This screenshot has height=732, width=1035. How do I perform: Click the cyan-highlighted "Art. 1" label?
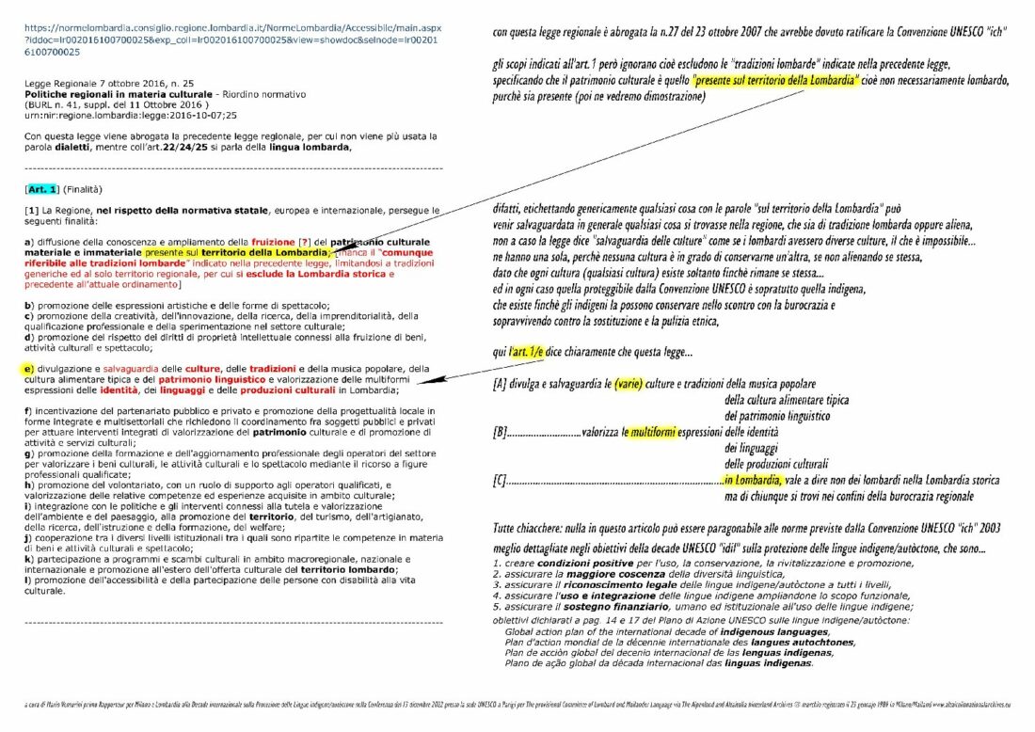tap(42, 189)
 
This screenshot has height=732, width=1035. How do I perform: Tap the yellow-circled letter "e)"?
tap(30, 368)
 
